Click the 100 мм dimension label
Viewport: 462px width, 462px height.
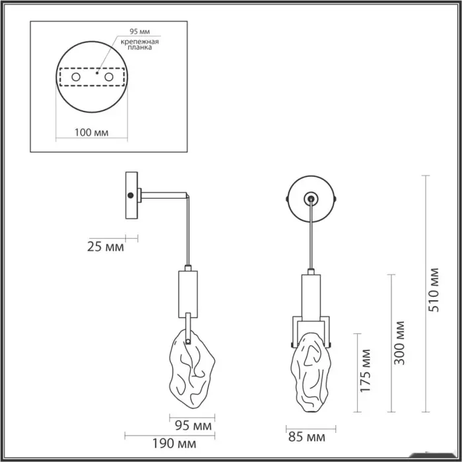91,133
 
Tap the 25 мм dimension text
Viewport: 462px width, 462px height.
106,247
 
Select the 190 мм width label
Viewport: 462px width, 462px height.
174,444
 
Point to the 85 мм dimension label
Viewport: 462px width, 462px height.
307,437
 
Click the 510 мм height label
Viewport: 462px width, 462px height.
434,290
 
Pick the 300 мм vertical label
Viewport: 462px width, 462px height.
399,343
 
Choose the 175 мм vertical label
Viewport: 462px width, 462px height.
365,371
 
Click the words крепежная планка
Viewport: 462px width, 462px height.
140,44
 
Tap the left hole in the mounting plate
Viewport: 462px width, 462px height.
76,77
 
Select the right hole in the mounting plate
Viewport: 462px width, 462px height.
109,77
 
